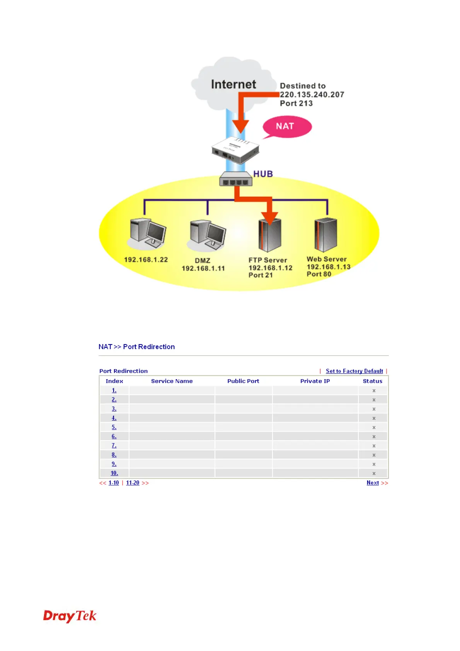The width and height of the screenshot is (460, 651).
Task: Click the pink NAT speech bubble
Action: click(x=287, y=126)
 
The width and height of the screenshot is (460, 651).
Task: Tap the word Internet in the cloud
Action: click(x=233, y=84)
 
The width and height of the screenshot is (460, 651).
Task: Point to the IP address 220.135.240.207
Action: click(x=312, y=95)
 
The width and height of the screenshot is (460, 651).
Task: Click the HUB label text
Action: click(x=263, y=174)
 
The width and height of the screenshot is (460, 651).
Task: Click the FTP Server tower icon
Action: click(x=269, y=235)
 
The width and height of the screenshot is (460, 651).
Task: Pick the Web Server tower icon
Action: click(x=325, y=234)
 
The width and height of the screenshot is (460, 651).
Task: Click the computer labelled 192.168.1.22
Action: click(x=148, y=233)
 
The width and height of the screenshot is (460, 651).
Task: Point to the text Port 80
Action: click(x=319, y=274)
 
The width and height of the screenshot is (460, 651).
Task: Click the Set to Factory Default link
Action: click(x=354, y=371)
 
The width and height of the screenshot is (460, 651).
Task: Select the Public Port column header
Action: click(x=243, y=381)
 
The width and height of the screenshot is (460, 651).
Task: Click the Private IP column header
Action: click(x=315, y=381)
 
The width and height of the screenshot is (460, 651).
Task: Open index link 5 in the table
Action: click(x=114, y=427)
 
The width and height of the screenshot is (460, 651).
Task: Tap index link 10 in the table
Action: click(x=114, y=473)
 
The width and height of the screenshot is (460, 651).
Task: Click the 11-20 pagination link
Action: click(x=133, y=483)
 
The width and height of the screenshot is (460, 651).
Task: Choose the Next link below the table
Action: click(x=373, y=483)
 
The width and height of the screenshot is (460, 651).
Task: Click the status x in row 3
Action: click(x=374, y=409)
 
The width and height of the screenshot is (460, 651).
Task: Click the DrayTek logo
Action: click(x=70, y=616)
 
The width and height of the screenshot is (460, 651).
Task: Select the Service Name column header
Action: click(x=172, y=381)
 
